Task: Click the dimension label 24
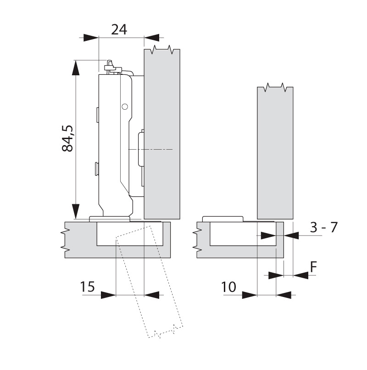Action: (x=119, y=30)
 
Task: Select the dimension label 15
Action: (x=88, y=287)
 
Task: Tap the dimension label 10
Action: (x=228, y=287)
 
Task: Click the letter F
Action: (x=314, y=267)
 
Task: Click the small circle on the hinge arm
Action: (x=124, y=107)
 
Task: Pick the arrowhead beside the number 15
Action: (x=108, y=294)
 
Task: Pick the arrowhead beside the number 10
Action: (x=249, y=294)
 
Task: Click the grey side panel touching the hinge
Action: (x=161, y=133)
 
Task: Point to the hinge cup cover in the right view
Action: (x=222, y=219)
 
